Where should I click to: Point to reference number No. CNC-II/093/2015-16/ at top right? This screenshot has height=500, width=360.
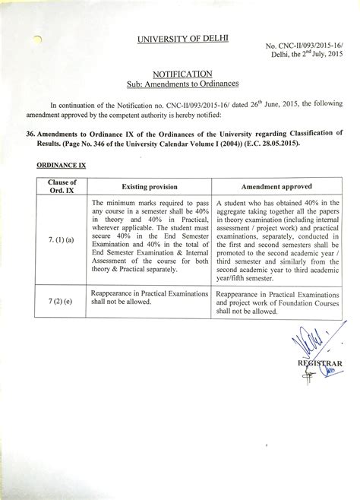click(304, 48)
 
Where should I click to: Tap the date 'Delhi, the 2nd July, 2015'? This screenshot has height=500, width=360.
click(303, 58)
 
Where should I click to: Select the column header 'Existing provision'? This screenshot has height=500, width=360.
click(149, 186)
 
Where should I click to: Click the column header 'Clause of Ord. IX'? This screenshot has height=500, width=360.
click(62, 186)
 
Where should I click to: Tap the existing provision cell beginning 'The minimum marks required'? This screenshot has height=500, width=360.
click(149, 236)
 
